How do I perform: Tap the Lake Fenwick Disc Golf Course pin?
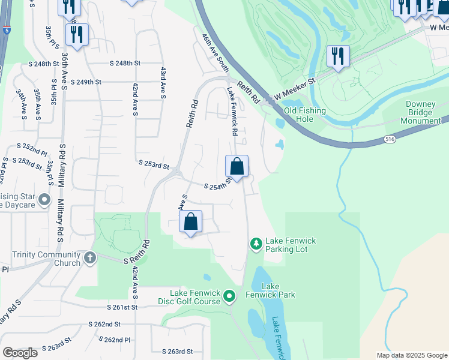pyautogui.click(x=229, y=296)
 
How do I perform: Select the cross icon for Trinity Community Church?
pyautogui.click(x=89, y=258)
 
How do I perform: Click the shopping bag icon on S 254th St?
pyautogui.click(x=237, y=166)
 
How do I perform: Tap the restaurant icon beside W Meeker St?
pyautogui.click(x=338, y=57)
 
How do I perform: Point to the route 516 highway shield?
pyautogui.click(x=390, y=139)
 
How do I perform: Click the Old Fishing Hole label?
pyautogui.click(x=305, y=114)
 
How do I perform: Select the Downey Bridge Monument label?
pyautogui.click(x=423, y=112)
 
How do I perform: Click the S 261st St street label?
pyautogui.click(x=118, y=307)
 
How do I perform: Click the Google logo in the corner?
pyautogui.click(x=20, y=353)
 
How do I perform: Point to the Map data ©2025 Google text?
pyautogui.click(x=412, y=355)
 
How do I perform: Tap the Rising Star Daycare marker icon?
pyautogui.click(x=43, y=200)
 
